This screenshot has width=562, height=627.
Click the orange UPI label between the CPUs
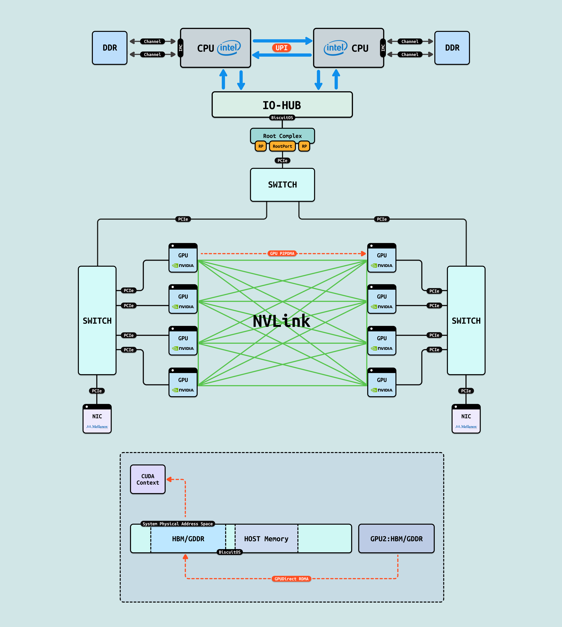281,48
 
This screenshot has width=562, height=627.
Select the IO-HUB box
282,105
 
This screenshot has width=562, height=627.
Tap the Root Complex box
282,136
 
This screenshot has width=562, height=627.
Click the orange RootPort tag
282,146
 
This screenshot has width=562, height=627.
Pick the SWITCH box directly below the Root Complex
282,185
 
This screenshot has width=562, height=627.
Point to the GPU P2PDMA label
282,253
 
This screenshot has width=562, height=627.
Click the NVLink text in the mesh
281,321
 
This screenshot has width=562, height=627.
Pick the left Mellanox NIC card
97,419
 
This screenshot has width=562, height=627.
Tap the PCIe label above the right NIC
466,391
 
